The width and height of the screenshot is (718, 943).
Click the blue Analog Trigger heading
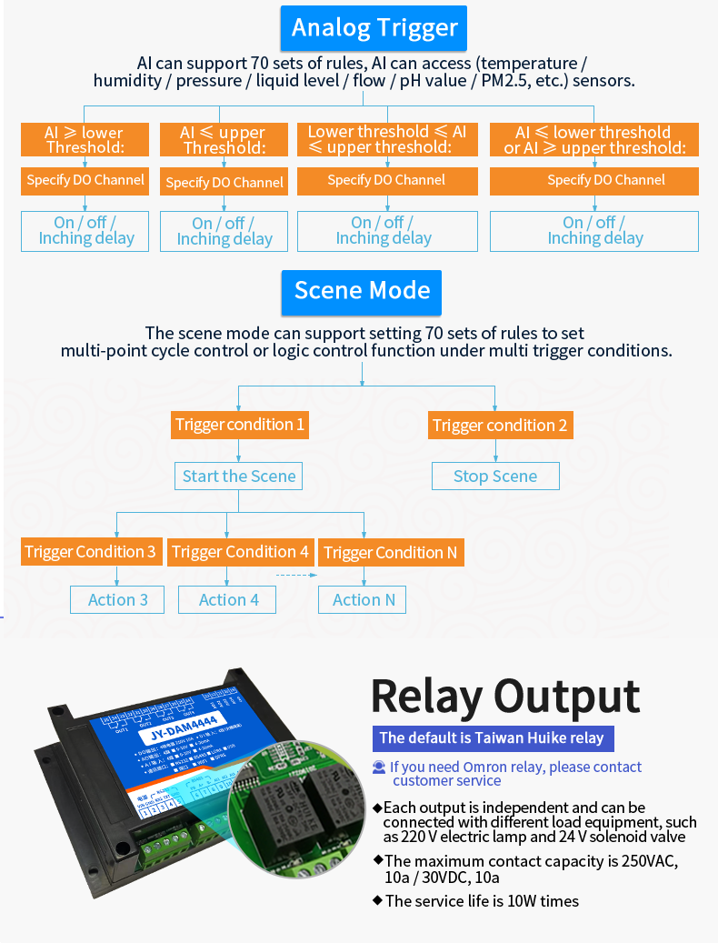coord(374,28)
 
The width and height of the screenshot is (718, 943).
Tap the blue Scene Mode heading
coord(362,291)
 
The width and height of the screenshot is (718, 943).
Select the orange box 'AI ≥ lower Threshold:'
coord(85,140)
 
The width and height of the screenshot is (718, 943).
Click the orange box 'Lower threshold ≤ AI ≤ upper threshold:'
coord(387,140)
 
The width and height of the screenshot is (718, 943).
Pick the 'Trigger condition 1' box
coord(239,425)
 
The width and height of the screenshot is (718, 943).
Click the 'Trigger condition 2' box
coord(500,425)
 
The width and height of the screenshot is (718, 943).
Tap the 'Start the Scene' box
coord(239,476)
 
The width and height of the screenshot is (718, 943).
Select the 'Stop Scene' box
coord(495,476)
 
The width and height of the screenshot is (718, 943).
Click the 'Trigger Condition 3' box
coord(91,552)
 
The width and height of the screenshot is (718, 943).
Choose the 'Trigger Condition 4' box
coord(240,552)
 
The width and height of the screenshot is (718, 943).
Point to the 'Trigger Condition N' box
coord(391,552)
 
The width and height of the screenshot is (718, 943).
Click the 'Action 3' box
coord(118,599)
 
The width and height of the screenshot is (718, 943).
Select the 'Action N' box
coord(364,599)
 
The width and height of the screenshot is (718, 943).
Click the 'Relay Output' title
coord(505,697)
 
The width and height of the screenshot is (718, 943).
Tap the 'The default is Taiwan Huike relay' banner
coord(492,738)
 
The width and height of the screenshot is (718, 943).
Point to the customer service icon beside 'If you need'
coord(379,767)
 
